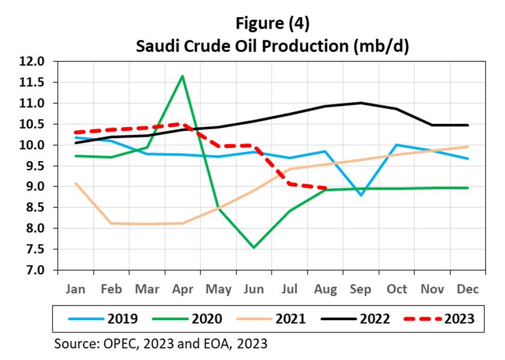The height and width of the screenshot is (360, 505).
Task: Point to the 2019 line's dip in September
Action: [x=361, y=195]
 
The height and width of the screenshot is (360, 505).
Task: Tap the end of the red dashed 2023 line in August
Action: [x=325, y=188]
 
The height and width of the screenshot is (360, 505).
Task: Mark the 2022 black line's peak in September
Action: [x=361, y=103]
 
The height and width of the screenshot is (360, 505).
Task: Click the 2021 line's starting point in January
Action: [x=76, y=183]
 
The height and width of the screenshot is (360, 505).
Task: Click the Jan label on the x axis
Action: [x=76, y=289]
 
